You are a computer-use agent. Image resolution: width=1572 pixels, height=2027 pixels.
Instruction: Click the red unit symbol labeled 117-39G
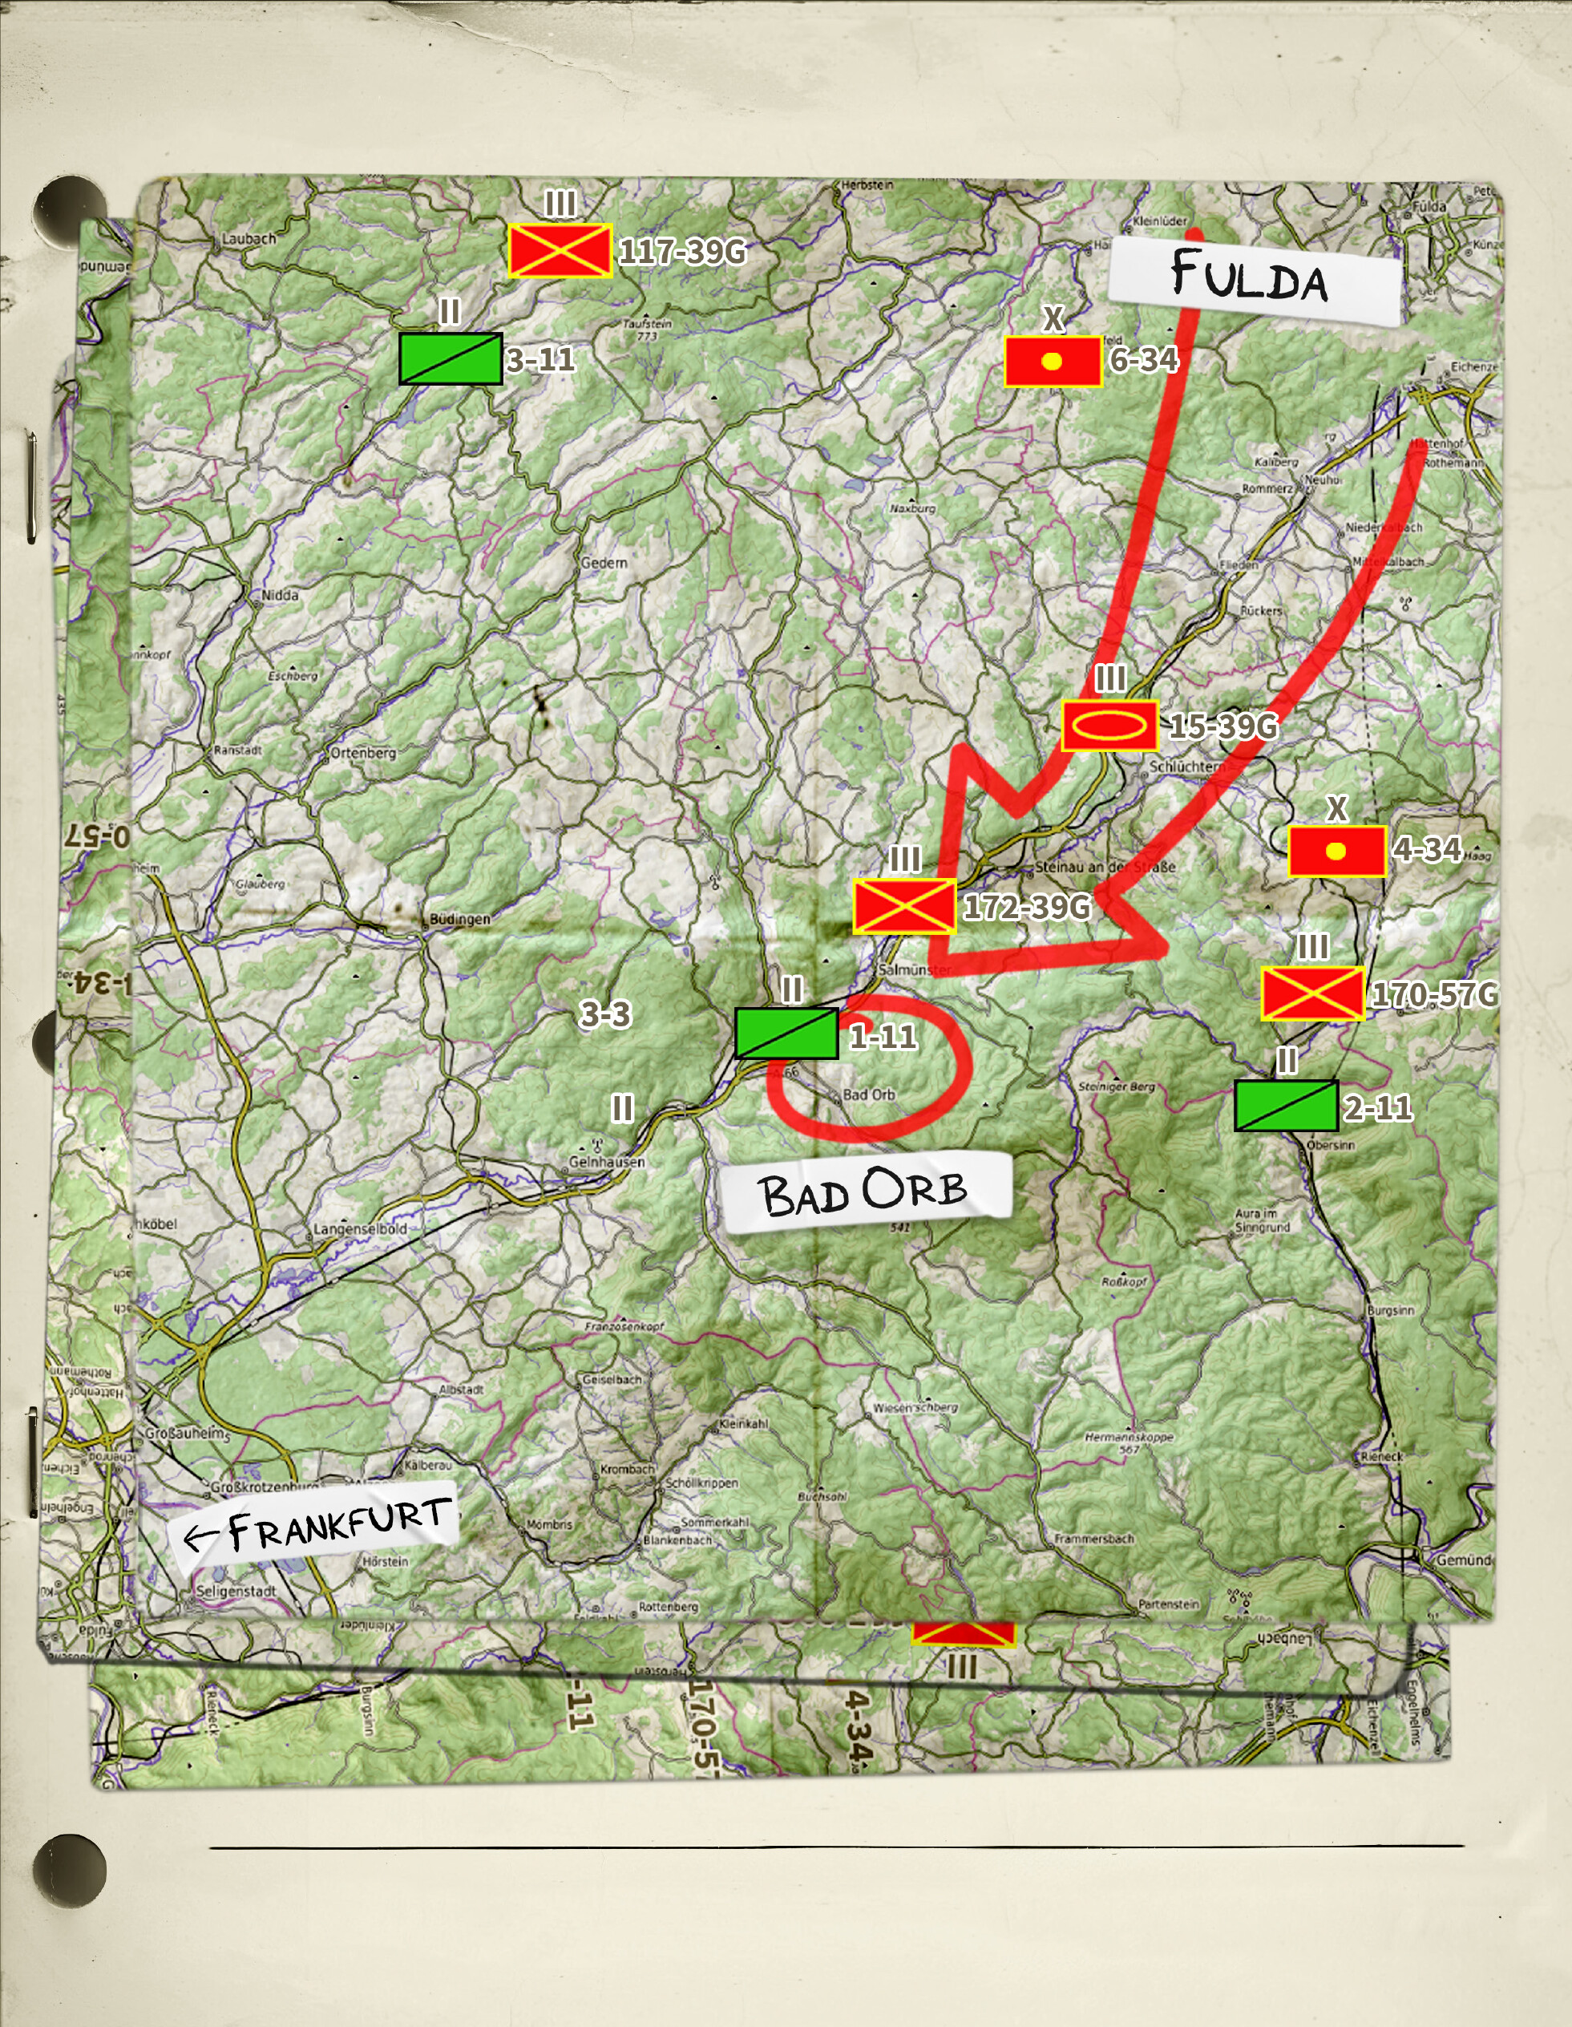(560, 251)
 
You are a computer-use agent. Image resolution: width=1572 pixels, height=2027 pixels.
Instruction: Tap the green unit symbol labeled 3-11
(451, 359)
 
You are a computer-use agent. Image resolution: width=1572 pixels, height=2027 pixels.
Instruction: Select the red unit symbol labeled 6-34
(1053, 361)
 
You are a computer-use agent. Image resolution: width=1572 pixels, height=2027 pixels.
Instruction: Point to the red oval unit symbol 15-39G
(1110, 726)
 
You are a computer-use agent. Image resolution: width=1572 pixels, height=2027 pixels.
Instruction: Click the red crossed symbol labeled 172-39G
(904, 907)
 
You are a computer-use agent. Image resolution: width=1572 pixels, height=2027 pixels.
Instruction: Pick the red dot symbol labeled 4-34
(1337, 851)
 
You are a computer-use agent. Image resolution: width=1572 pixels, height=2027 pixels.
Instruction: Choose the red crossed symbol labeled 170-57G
(1312, 994)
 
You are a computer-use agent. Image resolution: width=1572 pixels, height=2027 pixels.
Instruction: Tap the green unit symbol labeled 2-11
(1286, 1106)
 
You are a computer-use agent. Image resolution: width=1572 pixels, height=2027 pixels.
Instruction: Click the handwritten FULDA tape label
(1253, 279)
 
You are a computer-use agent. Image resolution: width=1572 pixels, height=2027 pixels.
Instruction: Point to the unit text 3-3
(605, 1013)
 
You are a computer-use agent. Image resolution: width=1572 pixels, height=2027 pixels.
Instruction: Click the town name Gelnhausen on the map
(607, 1161)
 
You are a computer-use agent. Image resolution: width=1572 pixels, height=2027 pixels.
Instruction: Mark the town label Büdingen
(459, 919)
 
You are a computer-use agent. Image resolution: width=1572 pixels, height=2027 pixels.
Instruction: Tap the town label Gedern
(604, 562)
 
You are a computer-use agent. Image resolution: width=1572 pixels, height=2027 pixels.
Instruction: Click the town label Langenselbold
(360, 1229)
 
